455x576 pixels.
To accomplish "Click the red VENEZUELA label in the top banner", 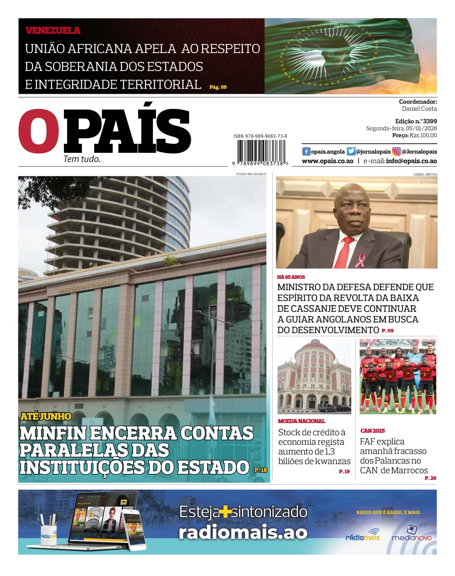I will click(53, 30).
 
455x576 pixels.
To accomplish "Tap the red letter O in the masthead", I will click(39, 131).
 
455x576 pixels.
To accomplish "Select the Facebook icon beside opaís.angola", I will click(306, 152).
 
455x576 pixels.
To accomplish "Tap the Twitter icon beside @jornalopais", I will click(351, 152).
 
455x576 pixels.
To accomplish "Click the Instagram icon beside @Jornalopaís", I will click(396, 152).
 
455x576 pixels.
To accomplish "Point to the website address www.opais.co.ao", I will click(327, 161).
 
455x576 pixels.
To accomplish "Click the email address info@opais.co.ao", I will click(411, 161).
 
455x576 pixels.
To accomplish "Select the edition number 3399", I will click(430, 121).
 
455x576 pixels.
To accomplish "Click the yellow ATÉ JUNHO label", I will click(46, 416).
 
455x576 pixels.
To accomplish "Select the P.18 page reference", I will click(261, 470).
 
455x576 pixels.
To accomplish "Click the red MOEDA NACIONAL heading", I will click(301, 421).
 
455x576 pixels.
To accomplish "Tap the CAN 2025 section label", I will click(372, 431).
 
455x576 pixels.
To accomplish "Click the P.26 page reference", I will click(430, 478).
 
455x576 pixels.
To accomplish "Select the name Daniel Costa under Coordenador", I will click(419, 109).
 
